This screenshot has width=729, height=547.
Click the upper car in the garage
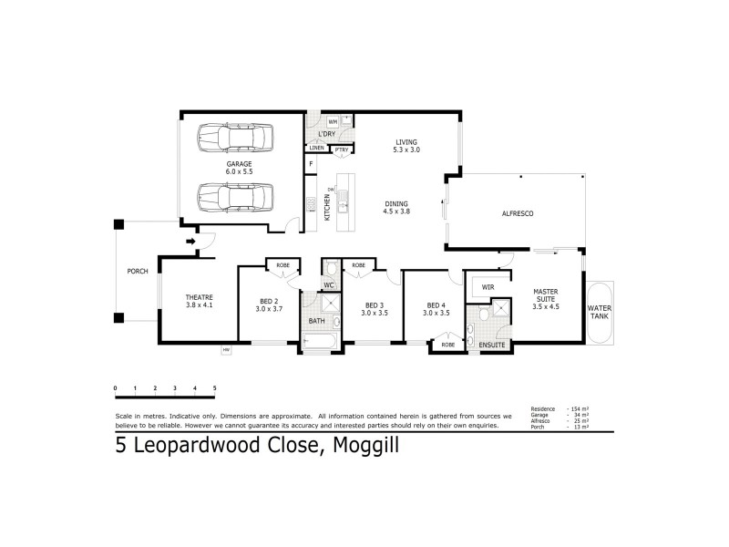(233, 139)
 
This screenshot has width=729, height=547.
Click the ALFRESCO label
(517, 212)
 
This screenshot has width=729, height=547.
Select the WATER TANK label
(600, 313)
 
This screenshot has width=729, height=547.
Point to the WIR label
(488, 285)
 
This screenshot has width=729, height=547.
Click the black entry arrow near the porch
(190, 242)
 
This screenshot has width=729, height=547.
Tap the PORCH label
(138, 272)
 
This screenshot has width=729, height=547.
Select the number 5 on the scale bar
(215, 388)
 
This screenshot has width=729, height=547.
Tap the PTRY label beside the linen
(341, 149)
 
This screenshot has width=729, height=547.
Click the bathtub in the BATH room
(319, 343)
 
